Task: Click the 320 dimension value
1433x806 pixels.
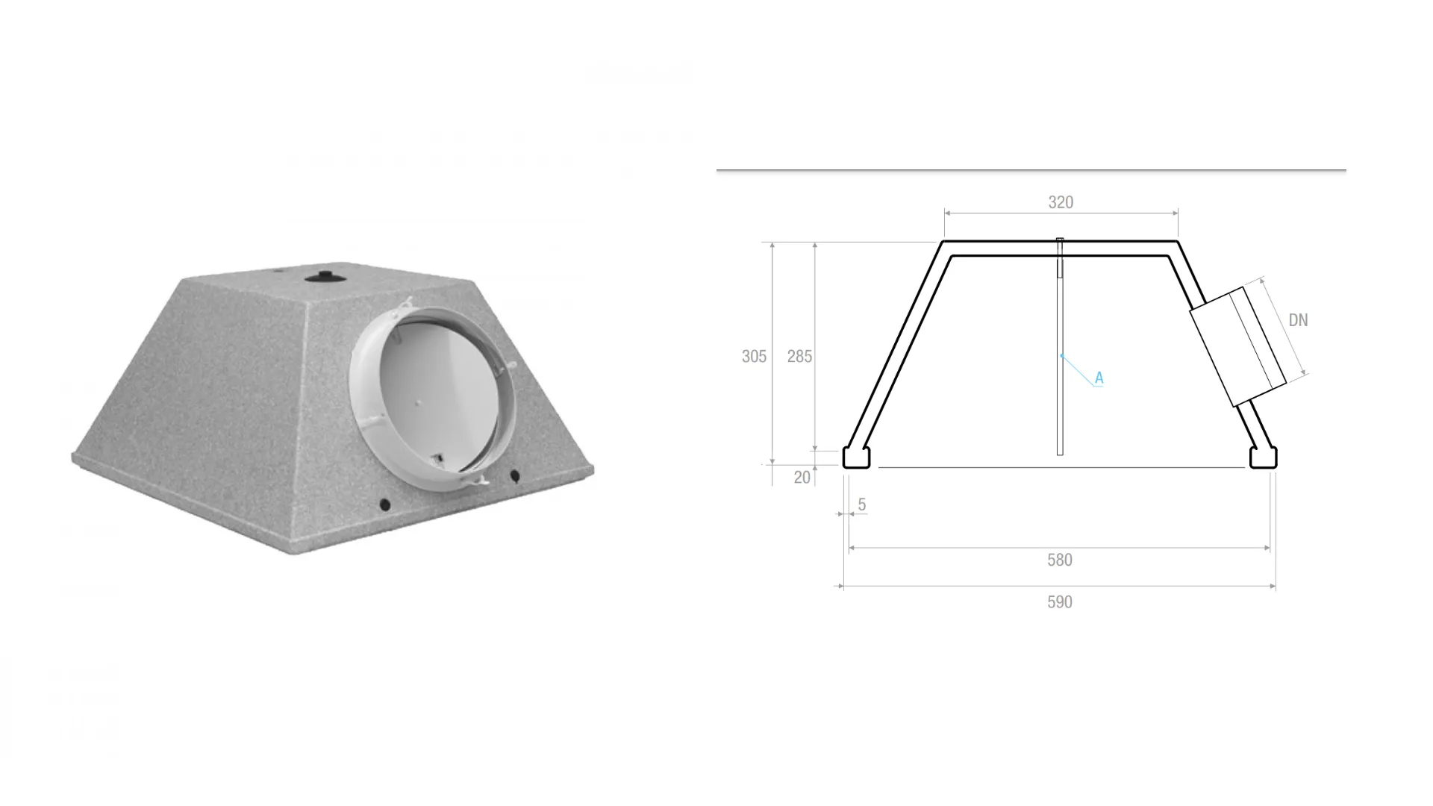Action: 1061,202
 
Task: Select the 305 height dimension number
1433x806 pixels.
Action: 754,357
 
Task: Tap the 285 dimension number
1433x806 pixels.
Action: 799,357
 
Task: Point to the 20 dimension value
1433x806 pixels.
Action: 802,478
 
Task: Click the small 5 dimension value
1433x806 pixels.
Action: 862,505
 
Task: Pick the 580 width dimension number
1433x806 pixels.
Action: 1059,560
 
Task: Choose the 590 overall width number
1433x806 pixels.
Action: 1059,602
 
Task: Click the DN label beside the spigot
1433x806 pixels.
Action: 1298,320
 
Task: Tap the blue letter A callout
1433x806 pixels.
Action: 1099,378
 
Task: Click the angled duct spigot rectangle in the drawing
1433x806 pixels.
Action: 1237,346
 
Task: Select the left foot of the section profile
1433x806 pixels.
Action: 856,457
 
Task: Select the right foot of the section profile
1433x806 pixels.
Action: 1264,457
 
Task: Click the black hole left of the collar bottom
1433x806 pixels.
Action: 385,505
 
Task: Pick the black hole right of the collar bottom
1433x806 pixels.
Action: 514,475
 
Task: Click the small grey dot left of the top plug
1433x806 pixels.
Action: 277,272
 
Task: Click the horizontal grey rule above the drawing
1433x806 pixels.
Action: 1030,170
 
